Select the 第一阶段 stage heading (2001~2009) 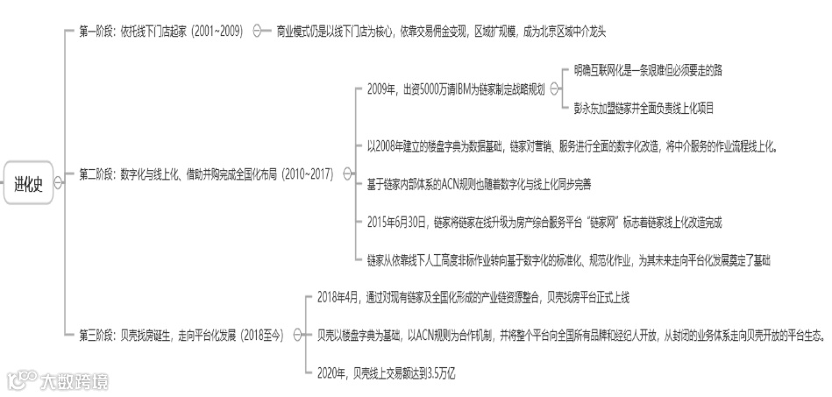[x=161, y=31]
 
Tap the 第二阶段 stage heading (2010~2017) [x=206, y=174]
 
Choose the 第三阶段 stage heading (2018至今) [x=181, y=334]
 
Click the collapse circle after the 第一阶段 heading [x=258, y=31]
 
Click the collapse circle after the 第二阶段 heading [x=347, y=174]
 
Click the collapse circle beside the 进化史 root [x=58, y=183]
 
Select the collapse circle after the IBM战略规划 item [x=553, y=89]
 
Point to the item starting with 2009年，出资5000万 [x=456, y=89]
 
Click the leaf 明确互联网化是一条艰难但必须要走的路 [x=649, y=67]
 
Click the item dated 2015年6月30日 [x=544, y=222]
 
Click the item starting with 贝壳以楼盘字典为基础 [x=570, y=334]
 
